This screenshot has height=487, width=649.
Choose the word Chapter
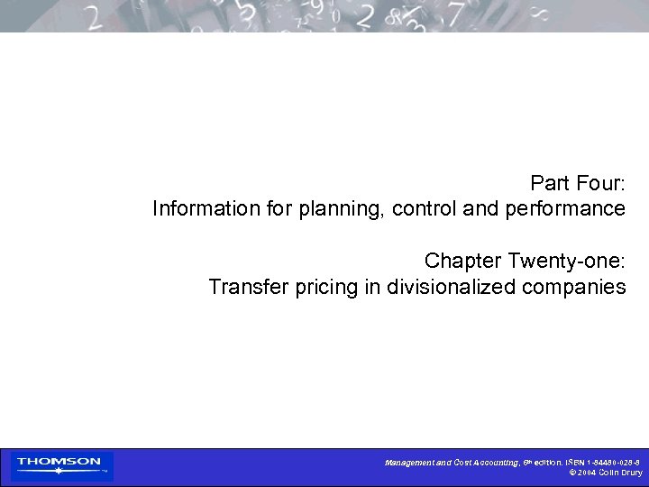[463, 262]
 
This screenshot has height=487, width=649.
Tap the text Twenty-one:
[567, 262]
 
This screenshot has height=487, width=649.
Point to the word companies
[574, 289]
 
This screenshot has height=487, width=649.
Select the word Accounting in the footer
[492, 463]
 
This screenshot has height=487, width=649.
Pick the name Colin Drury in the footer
[622, 473]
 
